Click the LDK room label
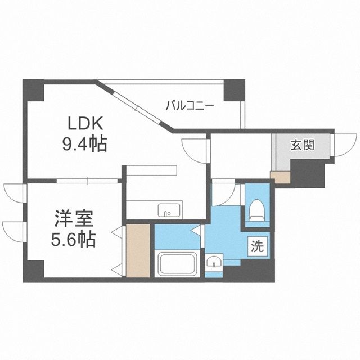(84, 123)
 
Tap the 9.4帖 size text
(84, 145)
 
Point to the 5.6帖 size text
(71, 240)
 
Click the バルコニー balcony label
(189, 105)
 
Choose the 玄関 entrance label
(302, 145)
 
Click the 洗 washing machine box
(256, 245)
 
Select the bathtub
(177, 263)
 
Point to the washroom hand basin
(213, 263)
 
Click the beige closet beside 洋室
(138, 250)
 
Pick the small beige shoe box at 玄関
(279, 178)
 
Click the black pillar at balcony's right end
(232, 89)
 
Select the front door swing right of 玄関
(341, 146)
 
